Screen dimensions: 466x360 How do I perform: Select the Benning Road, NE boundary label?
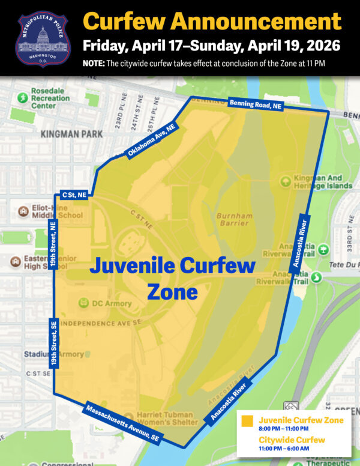pos(255,104)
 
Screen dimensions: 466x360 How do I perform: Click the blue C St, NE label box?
pos(74,195)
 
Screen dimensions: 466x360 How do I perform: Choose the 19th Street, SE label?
pos(53,343)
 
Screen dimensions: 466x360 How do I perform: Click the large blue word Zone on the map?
pos(172,292)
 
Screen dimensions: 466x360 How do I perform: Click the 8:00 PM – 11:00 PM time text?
pos(283,429)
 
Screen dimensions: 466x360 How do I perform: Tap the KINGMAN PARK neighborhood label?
pos(71,135)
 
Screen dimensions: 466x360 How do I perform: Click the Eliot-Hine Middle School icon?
pos(23,211)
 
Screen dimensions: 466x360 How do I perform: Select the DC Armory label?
pos(111,303)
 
